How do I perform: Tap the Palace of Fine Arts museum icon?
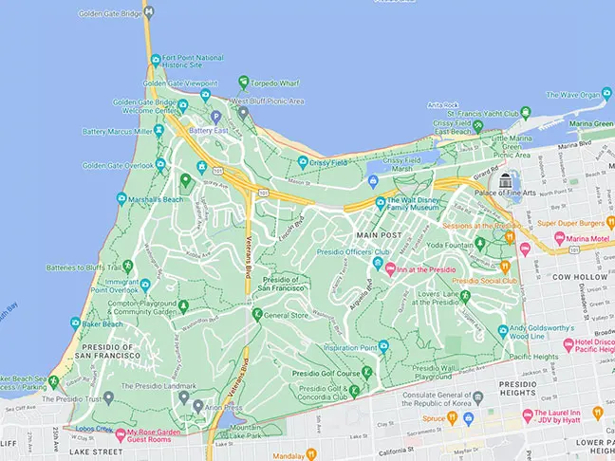pyautogui.click(x=506, y=180)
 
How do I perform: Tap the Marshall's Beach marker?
pyautogui.click(x=121, y=198)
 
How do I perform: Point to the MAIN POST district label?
pyautogui.click(x=378, y=233)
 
